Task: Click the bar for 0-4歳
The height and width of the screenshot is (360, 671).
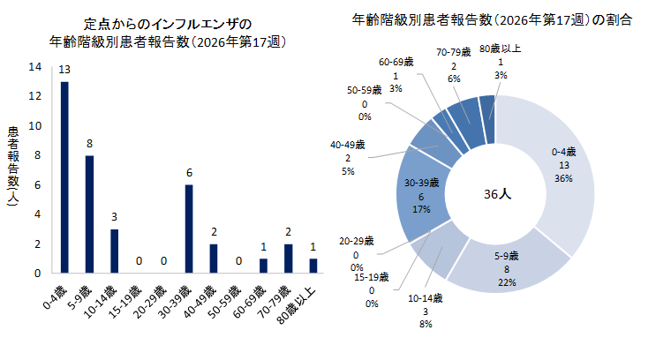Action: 64,177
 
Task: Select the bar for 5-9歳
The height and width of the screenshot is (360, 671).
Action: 89,214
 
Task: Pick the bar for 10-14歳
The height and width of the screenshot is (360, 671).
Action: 114,251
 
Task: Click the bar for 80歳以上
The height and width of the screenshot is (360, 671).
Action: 313,266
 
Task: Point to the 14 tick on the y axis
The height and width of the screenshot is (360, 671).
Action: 34,67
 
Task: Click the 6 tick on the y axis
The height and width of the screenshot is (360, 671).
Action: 34,185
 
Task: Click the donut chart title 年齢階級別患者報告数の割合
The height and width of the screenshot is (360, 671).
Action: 492,19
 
